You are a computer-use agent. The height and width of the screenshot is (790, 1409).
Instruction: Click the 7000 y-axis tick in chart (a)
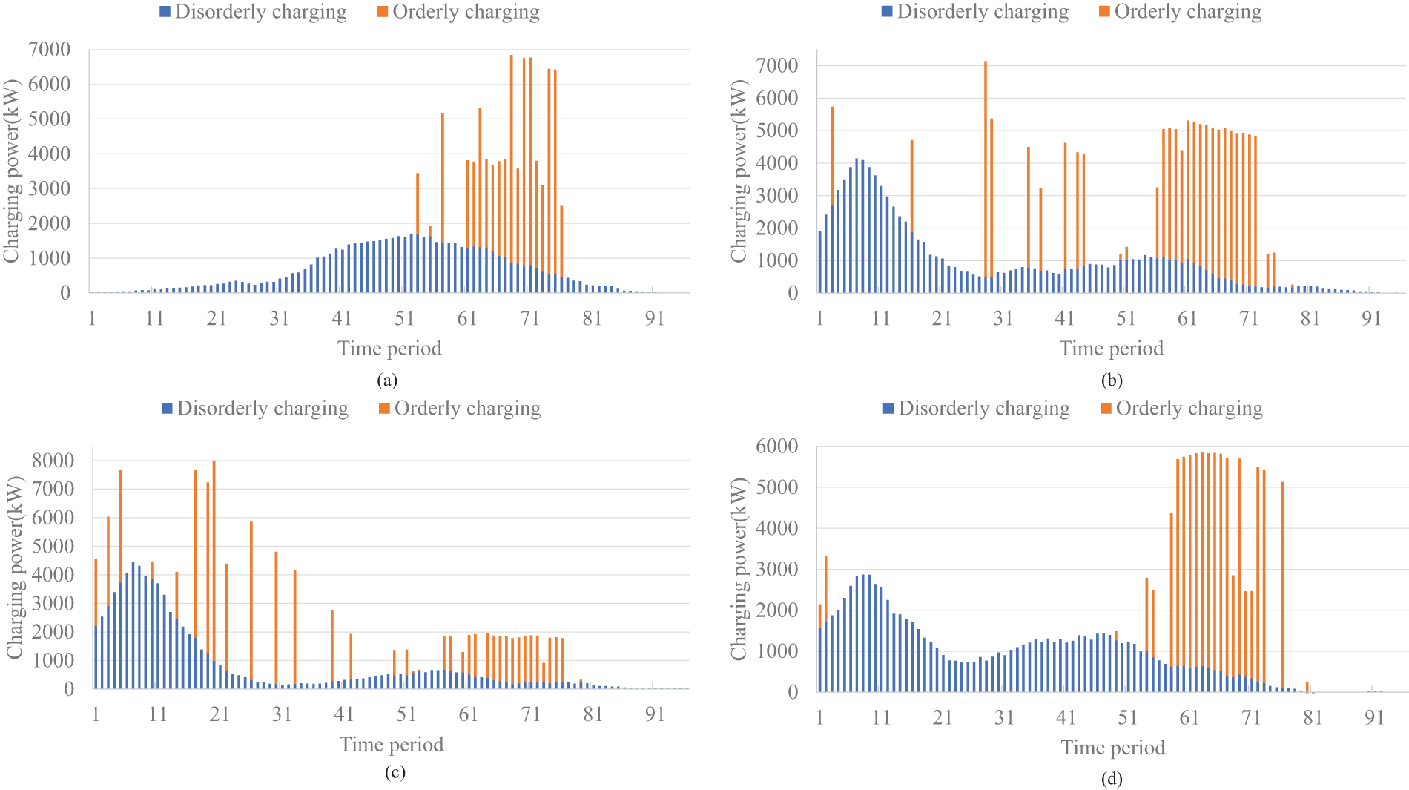(x=50, y=50)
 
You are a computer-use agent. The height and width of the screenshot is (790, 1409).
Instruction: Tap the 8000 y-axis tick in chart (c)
(x=53, y=461)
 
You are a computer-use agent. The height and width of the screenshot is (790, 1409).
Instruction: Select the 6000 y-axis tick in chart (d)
(x=777, y=446)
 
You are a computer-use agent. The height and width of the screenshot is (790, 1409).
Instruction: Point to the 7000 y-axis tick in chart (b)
(x=777, y=65)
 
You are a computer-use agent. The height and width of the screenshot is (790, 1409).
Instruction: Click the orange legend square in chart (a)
(x=383, y=12)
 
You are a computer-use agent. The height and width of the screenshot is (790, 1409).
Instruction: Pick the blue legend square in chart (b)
(x=887, y=12)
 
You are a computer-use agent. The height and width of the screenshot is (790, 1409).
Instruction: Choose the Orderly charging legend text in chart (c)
(x=467, y=409)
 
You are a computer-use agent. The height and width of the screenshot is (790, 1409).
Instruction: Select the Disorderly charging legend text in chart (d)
(x=984, y=409)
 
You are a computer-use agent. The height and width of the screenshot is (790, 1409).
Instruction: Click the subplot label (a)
(x=387, y=381)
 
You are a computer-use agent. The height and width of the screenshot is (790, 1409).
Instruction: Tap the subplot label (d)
(x=1112, y=779)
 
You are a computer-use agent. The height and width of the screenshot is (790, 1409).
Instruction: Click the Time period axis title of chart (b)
(x=1111, y=349)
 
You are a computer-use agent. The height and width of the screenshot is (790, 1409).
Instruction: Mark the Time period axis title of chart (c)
(x=392, y=745)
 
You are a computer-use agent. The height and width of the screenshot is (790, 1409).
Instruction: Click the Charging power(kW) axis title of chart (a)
(x=11, y=171)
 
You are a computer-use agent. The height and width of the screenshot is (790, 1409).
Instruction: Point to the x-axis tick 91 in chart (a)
(x=655, y=318)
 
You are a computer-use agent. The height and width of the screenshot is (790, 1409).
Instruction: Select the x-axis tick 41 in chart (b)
(x=1064, y=318)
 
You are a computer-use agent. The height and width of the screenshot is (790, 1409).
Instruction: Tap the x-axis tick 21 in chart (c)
(x=220, y=714)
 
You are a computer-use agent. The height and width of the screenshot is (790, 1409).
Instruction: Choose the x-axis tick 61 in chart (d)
(x=1189, y=717)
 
